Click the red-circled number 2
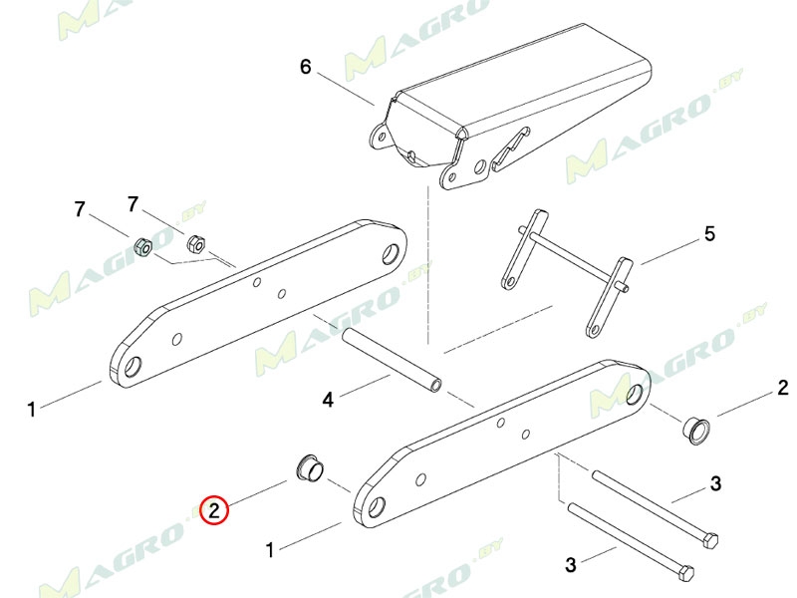pyautogui.click(x=214, y=509)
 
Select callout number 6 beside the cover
pyautogui.click(x=305, y=67)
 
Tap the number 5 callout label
pyautogui.click(x=709, y=234)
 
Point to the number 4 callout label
pyautogui.click(x=329, y=400)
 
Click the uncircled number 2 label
pyautogui.click(x=783, y=388)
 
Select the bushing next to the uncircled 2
pyautogui.click(x=694, y=430)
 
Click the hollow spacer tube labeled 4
pyautogui.click(x=392, y=360)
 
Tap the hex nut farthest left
pyautogui.click(x=143, y=247)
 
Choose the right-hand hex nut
pyautogui.click(x=195, y=244)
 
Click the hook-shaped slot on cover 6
pyautogui.click(x=511, y=148)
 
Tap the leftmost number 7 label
pyautogui.click(x=80, y=209)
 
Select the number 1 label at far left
pyautogui.click(x=32, y=409)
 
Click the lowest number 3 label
pyautogui.click(x=571, y=564)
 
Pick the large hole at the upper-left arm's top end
pyautogui.click(x=391, y=253)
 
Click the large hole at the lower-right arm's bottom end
pyautogui.click(x=377, y=507)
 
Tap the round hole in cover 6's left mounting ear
pyautogui.click(x=381, y=136)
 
